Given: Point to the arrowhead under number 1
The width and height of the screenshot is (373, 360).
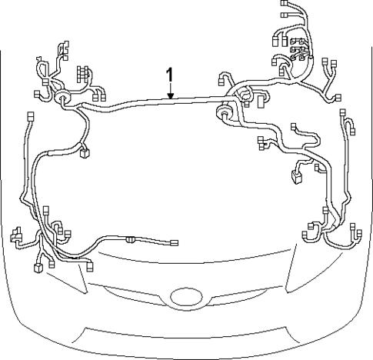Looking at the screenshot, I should click(x=170, y=97).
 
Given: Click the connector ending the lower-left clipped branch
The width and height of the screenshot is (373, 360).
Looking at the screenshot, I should click(x=175, y=244).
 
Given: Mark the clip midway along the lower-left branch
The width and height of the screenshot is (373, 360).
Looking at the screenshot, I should click(x=131, y=239).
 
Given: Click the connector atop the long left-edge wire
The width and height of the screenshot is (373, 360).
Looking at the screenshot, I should click(x=30, y=116).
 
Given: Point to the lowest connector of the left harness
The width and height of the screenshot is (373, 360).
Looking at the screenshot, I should click(x=37, y=269).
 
